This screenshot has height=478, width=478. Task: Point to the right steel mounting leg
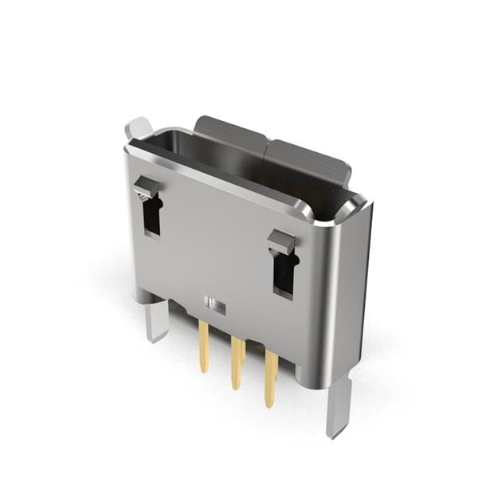point(339,406)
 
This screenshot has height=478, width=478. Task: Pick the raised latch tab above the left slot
point(146,188)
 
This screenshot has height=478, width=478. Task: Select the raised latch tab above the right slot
point(280,240)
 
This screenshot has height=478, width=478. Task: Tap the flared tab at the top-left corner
point(139,127)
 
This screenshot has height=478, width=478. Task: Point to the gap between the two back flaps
point(268,145)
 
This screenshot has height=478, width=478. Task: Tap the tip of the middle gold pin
point(236,386)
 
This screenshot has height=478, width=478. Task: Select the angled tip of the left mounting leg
point(155,337)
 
